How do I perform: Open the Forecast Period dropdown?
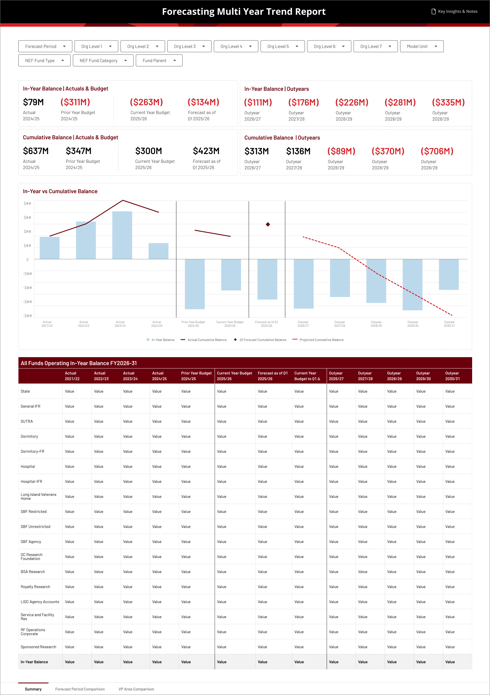click(x=45, y=46)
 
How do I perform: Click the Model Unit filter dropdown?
click(x=421, y=46)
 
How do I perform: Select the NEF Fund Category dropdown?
click(x=103, y=60)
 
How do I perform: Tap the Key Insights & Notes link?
click(x=454, y=12)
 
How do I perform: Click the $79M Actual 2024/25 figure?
click(x=33, y=102)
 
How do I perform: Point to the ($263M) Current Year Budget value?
click(x=147, y=102)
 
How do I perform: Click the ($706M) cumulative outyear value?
click(x=437, y=151)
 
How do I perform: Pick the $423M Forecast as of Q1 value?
click(x=206, y=151)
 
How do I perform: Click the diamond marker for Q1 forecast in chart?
click(x=268, y=224)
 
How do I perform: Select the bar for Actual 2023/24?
click(x=122, y=235)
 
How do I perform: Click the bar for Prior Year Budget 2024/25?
click(x=195, y=284)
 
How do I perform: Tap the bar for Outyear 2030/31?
click(x=449, y=274)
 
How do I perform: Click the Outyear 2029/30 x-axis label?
click(x=413, y=324)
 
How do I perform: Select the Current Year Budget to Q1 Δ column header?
click(x=307, y=376)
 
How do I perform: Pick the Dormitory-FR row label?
click(x=32, y=451)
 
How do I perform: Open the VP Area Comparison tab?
click(x=136, y=689)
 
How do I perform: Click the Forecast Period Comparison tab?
click(x=80, y=689)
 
